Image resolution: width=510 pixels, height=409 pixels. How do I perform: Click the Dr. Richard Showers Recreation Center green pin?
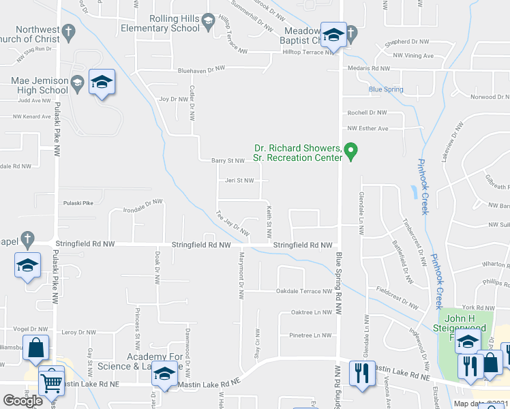(x=350, y=151)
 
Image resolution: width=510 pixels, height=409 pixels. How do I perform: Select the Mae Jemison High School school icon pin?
(x=102, y=83)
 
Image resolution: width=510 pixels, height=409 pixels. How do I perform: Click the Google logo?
(x=22, y=401)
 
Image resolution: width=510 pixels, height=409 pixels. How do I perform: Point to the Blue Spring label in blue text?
(x=386, y=89)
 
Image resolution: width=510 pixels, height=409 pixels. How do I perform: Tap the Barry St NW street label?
(x=228, y=161)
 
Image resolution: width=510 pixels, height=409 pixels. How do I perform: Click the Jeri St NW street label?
(x=239, y=181)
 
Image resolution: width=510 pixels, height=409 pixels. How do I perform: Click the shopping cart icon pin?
(x=51, y=382)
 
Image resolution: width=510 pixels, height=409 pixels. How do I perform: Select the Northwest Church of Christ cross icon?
(x=68, y=32)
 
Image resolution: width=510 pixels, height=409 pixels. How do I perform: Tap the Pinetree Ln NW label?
(x=310, y=335)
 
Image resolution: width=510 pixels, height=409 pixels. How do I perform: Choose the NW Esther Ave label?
(x=367, y=128)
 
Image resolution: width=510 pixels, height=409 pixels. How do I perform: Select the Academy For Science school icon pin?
(x=164, y=374)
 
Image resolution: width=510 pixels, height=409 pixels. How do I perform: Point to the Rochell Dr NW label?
(x=367, y=112)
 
